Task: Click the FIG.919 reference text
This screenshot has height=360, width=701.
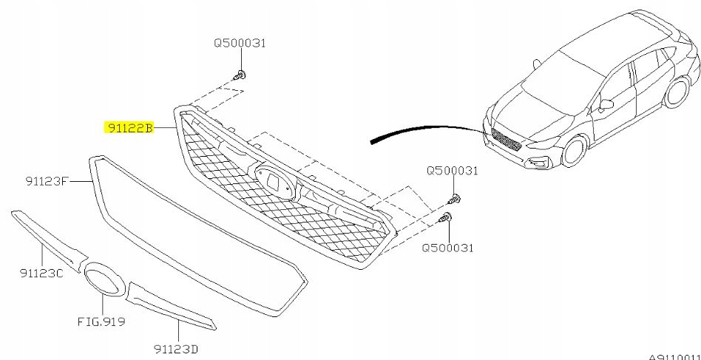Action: pos(101,322)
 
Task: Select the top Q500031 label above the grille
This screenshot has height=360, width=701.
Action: pos(240,43)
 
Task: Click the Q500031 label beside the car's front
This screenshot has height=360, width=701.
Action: pos(452,171)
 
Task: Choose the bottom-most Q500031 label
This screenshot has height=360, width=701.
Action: pos(447,248)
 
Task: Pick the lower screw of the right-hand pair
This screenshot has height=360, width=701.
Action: pos(445,217)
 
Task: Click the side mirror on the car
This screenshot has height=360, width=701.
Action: pos(607,103)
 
